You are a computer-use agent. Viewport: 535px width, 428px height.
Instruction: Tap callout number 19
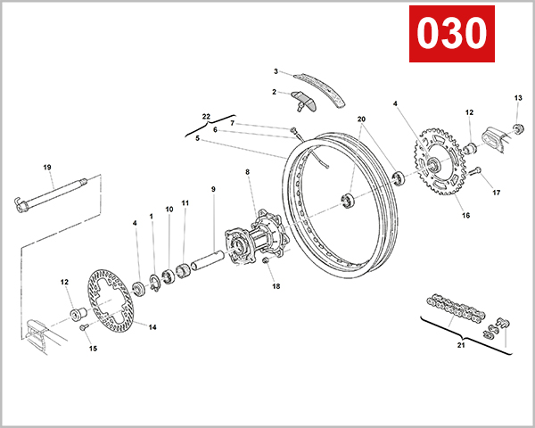(x=47, y=167)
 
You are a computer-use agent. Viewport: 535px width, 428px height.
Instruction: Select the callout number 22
(x=206, y=117)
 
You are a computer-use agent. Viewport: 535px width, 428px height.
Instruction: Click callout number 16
(x=465, y=215)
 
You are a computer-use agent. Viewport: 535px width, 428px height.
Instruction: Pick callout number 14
(x=152, y=327)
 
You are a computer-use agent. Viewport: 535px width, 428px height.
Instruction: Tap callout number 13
(x=518, y=97)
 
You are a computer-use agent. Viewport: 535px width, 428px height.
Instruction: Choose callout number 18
(x=276, y=286)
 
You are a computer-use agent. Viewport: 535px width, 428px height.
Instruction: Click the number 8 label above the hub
(x=247, y=171)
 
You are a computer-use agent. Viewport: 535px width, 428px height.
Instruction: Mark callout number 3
(x=276, y=71)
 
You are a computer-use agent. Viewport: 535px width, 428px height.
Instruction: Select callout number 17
(x=497, y=193)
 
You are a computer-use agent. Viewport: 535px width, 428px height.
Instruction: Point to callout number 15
(x=92, y=349)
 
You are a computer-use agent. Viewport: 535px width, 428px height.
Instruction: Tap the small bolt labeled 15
(x=83, y=328)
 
